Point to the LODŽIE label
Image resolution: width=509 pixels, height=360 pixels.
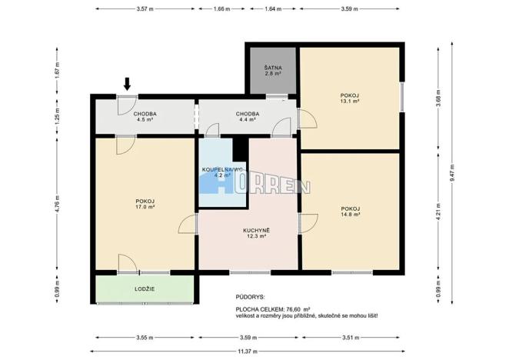(144, 288)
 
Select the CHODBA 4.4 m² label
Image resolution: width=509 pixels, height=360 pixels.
(247, 117)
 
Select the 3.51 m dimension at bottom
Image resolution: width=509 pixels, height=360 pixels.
(350, 337)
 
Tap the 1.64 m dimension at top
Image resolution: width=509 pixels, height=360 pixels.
(272, 10)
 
